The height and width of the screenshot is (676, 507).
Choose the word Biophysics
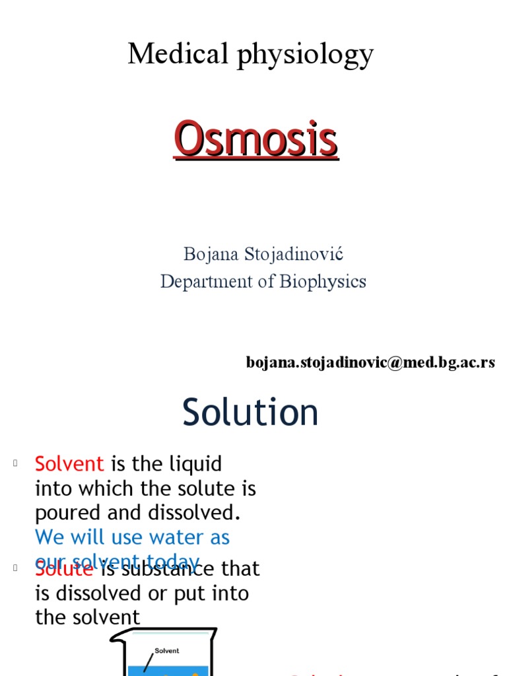tap(323, 281)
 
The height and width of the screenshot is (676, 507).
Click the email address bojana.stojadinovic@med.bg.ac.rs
tap(370, 362)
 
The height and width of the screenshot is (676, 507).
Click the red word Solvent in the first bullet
tap(69, 463)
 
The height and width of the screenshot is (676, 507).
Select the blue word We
tap(50, 537)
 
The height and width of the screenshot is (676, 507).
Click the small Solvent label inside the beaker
tap(167, 651)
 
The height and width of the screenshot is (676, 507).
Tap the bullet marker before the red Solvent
tap(14, 463)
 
